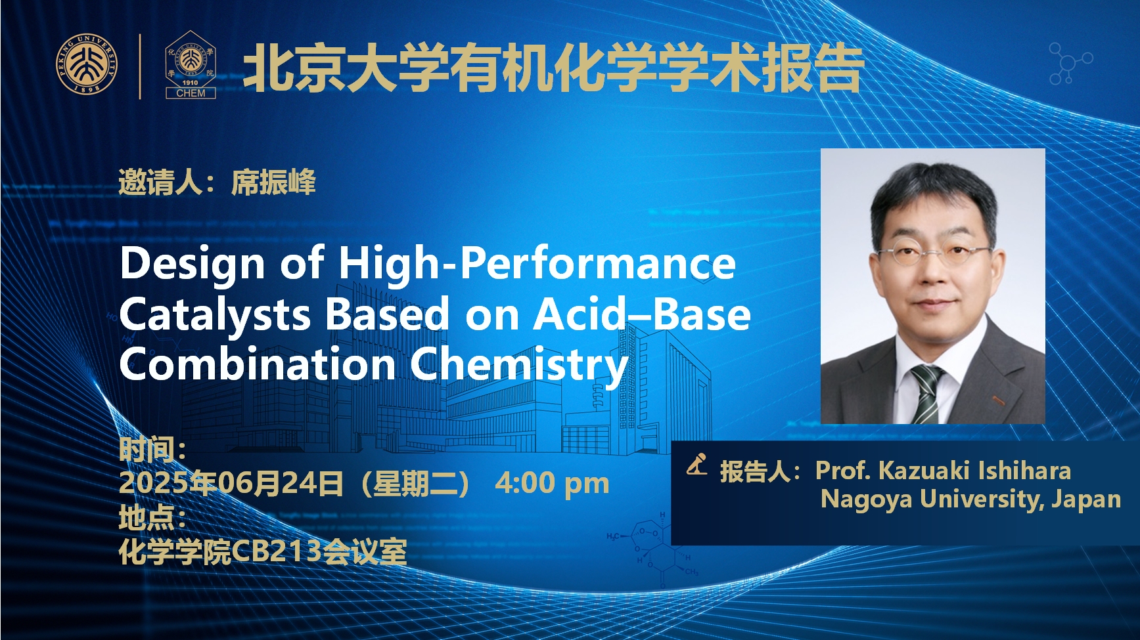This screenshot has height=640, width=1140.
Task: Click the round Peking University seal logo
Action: click(x=87, y=65)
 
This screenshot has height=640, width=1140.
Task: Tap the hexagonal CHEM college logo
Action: click(x=191, y=66)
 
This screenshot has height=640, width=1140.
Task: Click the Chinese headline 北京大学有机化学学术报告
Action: click(x=553, y=68)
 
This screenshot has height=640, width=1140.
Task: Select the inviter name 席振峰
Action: click(x=273, y=182)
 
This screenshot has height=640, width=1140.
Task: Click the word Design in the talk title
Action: click(x=192, y=263)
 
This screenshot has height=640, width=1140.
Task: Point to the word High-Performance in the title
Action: click(x=537, y=263)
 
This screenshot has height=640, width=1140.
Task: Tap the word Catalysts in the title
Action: click(x=215, y=314)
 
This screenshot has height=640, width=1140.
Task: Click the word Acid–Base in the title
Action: click(x=641, y=314)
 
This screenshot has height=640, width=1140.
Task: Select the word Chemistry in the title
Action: click(x=519, y=365)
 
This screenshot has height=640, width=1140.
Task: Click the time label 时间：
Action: click(x=152, y=450)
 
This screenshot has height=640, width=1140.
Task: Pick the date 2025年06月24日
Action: click(x=231, y=484)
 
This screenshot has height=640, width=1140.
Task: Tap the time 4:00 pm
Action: click(x=552, y=484)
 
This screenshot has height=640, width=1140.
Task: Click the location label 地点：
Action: click(x=152, y=519)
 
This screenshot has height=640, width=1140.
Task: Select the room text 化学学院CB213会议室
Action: click(x=263, y=552)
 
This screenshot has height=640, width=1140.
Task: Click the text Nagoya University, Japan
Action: click(x=970, y=499)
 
